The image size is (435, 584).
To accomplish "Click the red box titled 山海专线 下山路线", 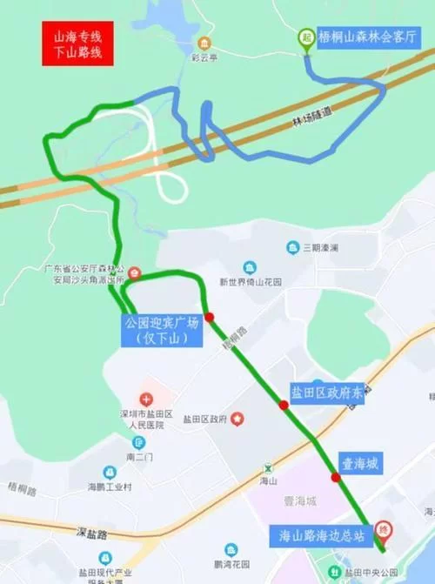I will (x=77, y=44).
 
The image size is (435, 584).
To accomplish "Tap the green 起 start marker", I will (x=306, y=37).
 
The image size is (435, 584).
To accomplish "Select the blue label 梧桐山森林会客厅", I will (x=367, y=38).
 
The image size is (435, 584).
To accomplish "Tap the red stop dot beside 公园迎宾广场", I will (x=210, y=317).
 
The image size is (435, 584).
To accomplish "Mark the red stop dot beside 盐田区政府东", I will (x=284, y=405).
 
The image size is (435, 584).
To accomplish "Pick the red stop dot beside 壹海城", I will (x=336, y=477).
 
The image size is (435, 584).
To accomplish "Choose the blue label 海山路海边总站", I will (x=319, y=534).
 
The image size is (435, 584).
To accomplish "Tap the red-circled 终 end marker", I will (x=382, y=530).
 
